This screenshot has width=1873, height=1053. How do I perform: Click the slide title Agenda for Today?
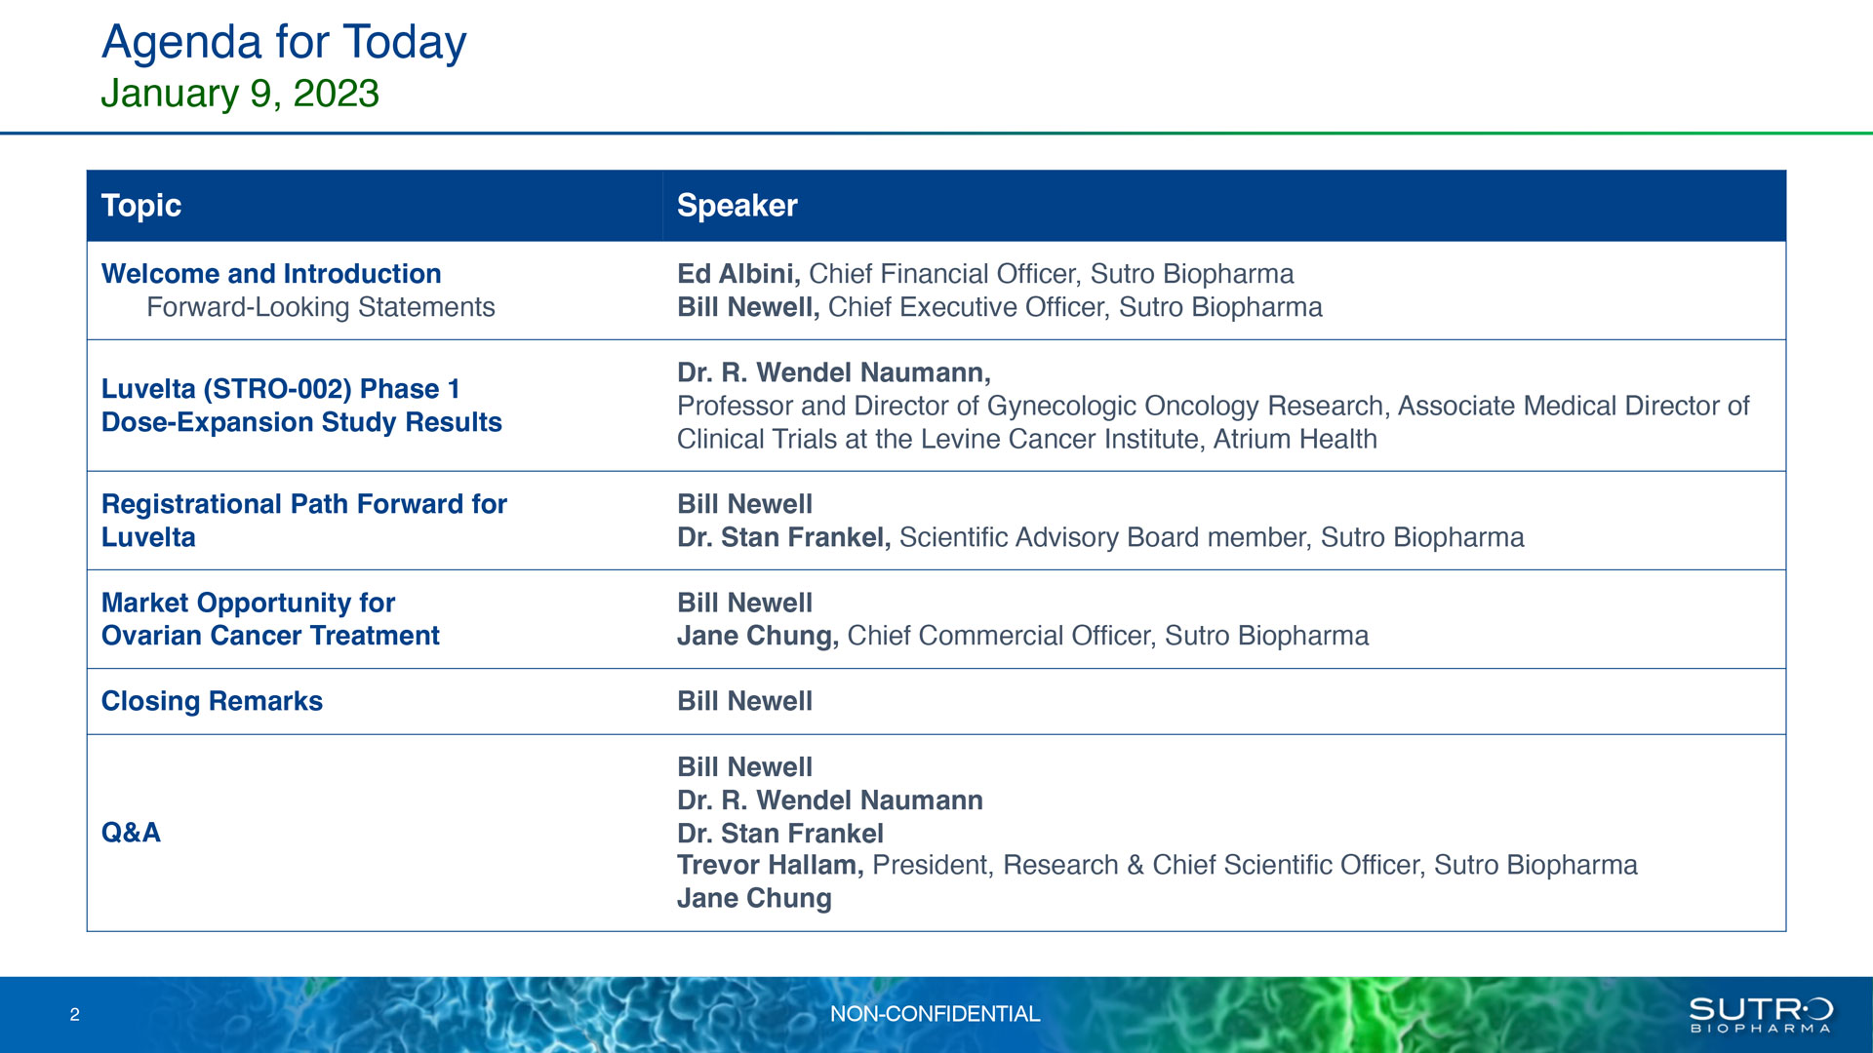(284, 43)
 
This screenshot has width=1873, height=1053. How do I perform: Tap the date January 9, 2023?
(240, 94)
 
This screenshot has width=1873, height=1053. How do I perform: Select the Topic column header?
(141, 206)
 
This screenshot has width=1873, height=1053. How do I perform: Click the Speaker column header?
(737, 206)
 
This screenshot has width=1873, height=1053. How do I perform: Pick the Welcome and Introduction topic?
(271, 274)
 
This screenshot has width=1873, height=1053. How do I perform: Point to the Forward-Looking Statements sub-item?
(321, 307)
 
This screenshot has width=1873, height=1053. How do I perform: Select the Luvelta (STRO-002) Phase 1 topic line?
(281, 389)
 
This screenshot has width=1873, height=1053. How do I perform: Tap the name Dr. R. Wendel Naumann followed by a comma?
(834, 372)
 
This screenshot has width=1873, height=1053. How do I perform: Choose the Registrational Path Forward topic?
(304, 521)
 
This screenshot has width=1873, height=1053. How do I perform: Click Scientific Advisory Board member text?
(1105, 537)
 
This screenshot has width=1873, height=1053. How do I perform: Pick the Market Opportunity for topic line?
(249, 603)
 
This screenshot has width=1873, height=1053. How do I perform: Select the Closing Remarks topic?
(212, 701)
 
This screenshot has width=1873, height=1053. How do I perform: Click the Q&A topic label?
(131, 833)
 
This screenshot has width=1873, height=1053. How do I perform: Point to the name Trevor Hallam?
(770, 865)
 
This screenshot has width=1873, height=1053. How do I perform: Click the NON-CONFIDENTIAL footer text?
(935, 1014)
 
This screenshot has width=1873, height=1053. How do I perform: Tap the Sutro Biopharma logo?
(1761, 1014)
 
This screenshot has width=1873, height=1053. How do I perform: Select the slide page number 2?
(75, 1015)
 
